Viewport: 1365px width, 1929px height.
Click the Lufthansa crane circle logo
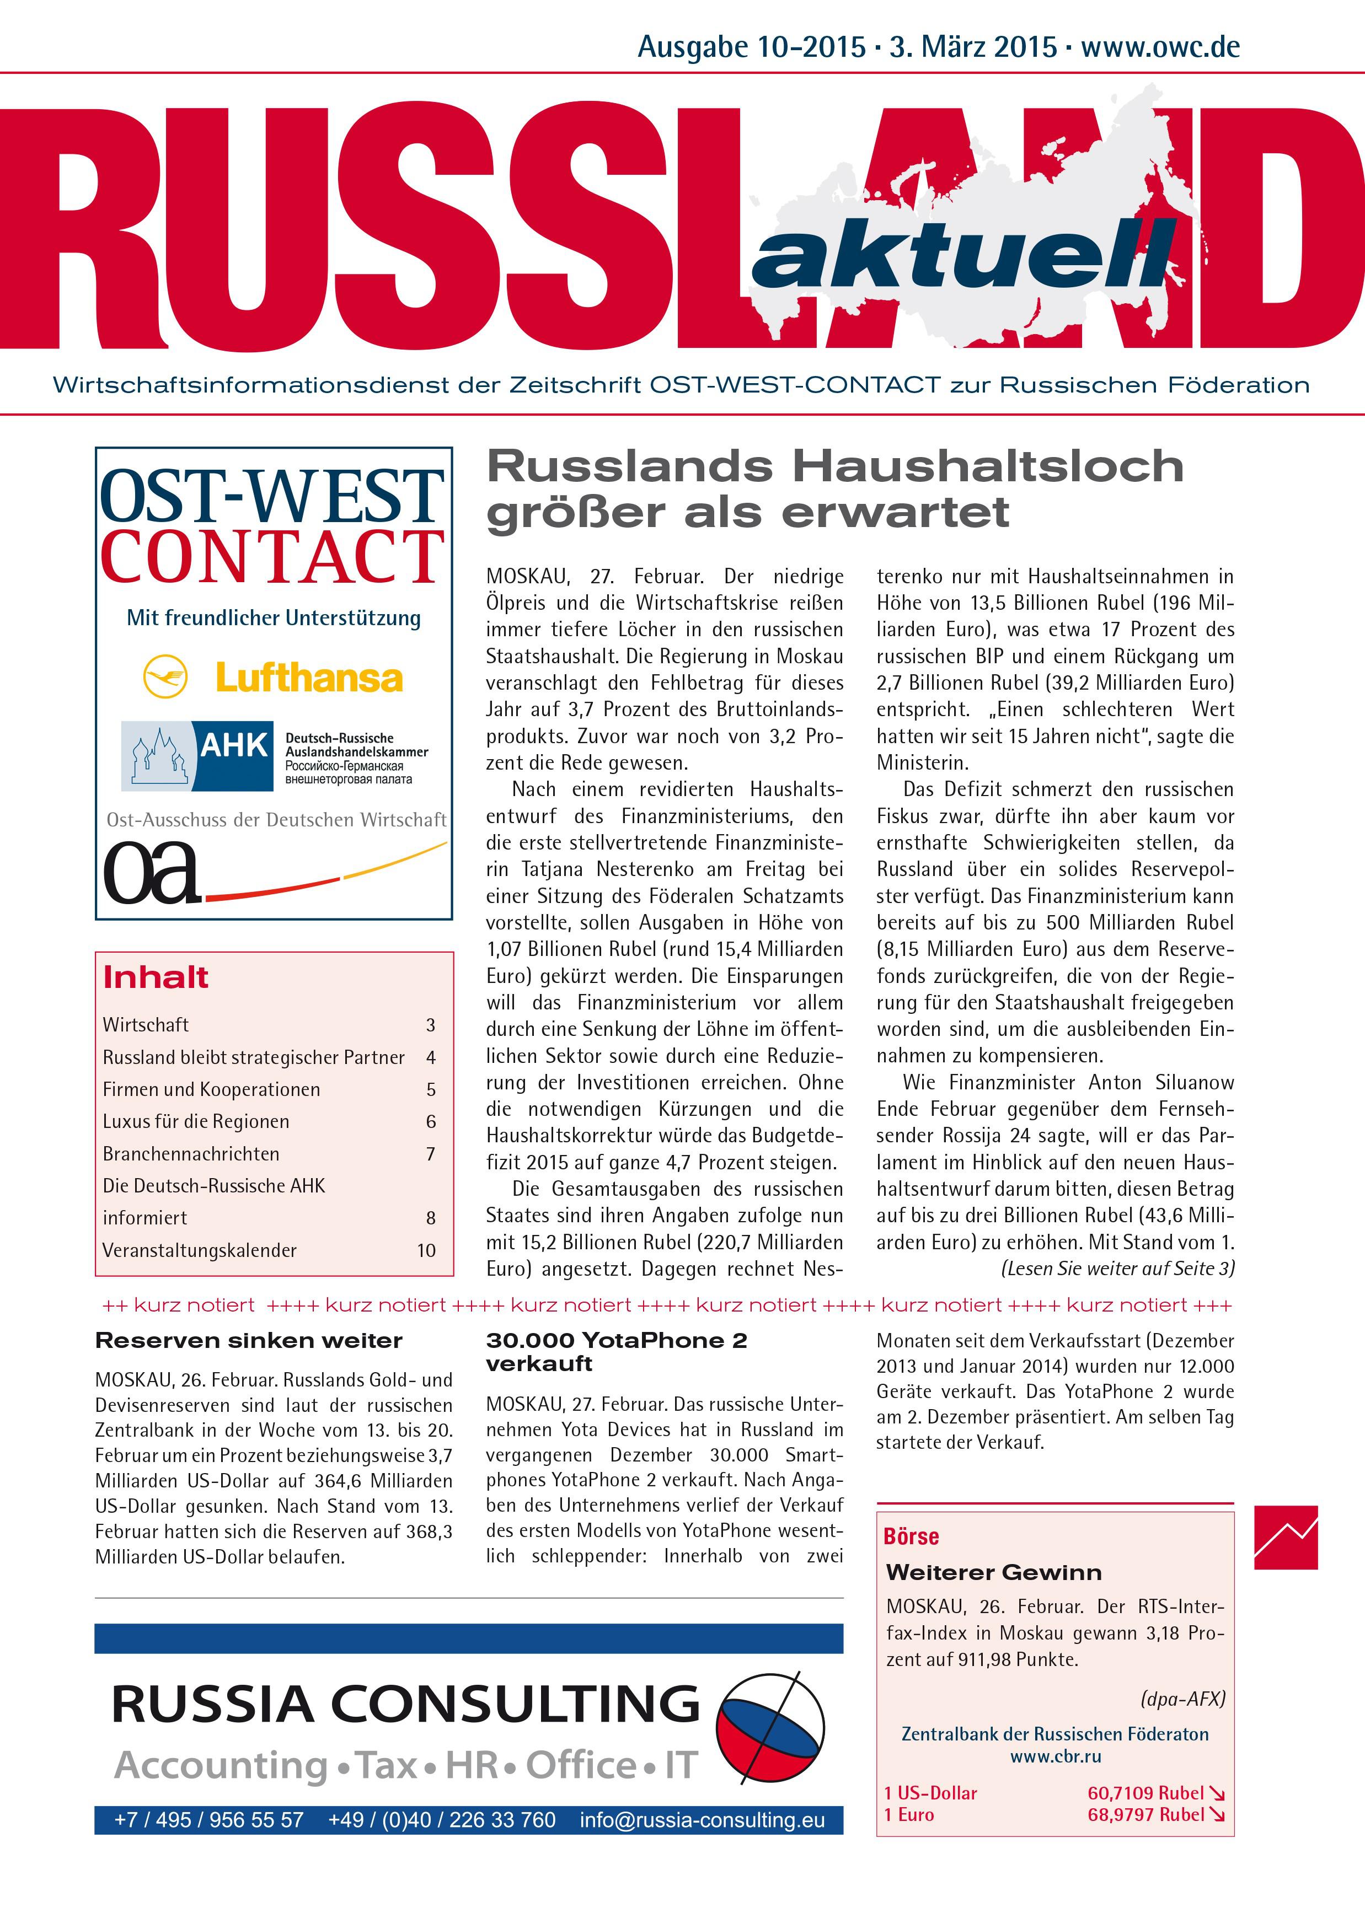click(x=165, y=677)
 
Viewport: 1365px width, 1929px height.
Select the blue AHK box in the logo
click(x=234, y=755)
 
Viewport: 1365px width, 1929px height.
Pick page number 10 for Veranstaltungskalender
click(x=426, y=1250)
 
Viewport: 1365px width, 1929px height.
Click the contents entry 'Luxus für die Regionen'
click(x=196, y=1121)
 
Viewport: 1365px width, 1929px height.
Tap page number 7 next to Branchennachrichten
click(x=430, y=1153)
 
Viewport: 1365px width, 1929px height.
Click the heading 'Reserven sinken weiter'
click(x=249, y=1340)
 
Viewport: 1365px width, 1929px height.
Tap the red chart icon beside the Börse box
click(x=1285, y=1538)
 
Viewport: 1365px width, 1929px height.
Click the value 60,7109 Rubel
click(x=1145, y=1793)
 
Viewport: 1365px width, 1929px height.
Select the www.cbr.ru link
click(x=1055, y=1756)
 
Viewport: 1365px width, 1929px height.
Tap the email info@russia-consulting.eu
click(x=702, y=1820)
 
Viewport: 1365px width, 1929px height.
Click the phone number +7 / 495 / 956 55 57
click(x=208, y=1820)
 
